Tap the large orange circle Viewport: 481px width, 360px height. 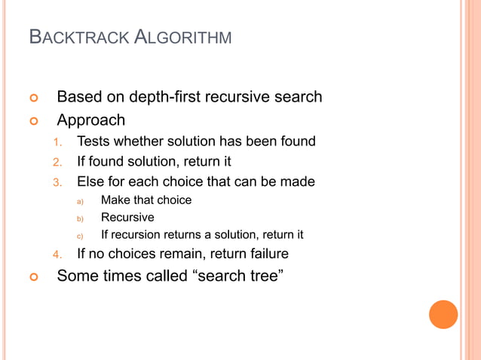[443, 314]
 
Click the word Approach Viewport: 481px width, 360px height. [91, 121]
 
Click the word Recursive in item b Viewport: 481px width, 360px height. [127, 218]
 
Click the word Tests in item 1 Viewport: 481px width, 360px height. [93, 141]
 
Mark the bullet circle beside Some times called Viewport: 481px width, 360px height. [32, 276]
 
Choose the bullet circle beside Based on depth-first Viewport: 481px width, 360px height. [32, 98]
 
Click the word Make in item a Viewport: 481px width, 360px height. [115, 200]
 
